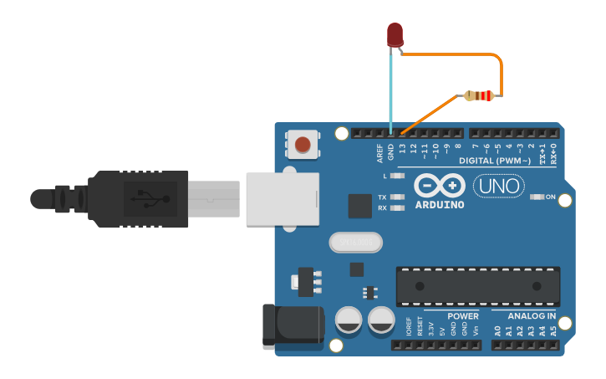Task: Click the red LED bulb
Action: (x=395, y=34)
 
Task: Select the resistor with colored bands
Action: (x=478, y=96)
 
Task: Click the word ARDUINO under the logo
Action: (x=438, y=204)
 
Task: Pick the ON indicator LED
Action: (x=537, y=197)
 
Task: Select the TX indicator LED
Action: (x=398, y=197)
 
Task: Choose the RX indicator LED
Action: (x=398, y=207)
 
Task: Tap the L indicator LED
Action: (x=398, y=177)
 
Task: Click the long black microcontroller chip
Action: (x=477, y=287)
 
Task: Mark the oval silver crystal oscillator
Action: (x=355, y=243)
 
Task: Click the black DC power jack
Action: (x=293, y=327)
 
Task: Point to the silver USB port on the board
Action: (x=283, y=198)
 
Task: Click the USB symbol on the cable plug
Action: (x=150, y=198)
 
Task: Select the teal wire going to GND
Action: (x=390, y=92)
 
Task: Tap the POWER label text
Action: (x=463, y=316)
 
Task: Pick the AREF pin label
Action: (x=379, y=152)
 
